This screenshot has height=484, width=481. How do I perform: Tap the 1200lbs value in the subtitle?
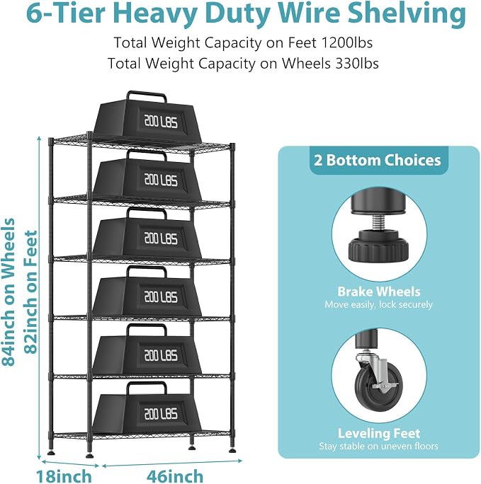(x=347, y=42)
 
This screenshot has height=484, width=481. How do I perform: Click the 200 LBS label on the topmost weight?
(x=161, y=121)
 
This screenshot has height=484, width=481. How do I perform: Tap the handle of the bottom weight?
(x=147, y=387)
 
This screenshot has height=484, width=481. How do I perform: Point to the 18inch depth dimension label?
(x=64, y=476)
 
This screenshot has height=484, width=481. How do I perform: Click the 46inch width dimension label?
(x=175, y=476)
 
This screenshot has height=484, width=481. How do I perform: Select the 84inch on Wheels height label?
(x=9, y=292)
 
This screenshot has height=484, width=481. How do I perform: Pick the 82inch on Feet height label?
(x=31, y=292)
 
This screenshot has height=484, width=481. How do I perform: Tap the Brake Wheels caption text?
(x=379, y=292)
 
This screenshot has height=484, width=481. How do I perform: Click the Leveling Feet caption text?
(x=379, y=433)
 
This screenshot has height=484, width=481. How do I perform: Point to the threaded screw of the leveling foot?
(x=379, y=221)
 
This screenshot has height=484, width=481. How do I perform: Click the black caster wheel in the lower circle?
(x=379, y=386)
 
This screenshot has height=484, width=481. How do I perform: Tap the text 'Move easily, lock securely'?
(x=379, y=305)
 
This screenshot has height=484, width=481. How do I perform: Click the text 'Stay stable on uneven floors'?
(x=379, y=446)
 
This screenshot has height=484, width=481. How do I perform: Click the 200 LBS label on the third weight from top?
(x=161, y=238)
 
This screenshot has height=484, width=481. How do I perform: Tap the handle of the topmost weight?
(x=147, y=96)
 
